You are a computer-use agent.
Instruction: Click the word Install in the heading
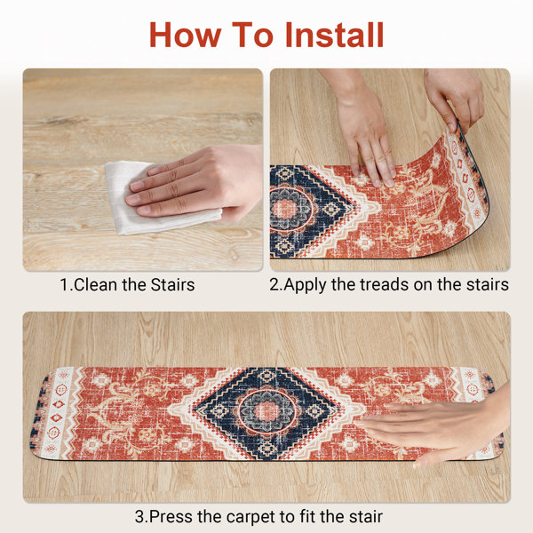pos(335,35)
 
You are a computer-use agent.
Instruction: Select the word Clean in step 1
pos(96,285)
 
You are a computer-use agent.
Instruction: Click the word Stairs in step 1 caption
pos(172,285)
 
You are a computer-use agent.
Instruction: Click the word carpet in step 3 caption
pos(252,517)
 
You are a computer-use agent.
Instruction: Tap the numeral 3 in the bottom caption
pos(139,517)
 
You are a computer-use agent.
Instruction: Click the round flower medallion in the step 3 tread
pos(267,411)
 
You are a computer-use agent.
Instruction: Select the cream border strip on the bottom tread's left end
pos(56,412)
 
